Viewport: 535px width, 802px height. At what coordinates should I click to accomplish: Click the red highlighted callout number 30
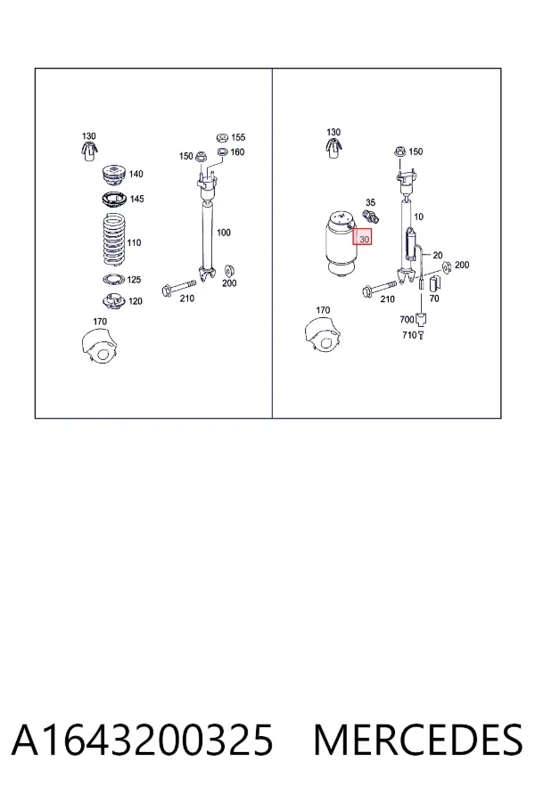pyautogui.click(x=364, y=239)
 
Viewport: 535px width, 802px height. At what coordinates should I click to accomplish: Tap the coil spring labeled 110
pyautogui.click(x=113, y=240)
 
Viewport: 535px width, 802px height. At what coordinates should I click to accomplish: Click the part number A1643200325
pyautogui.click(x=143, y=741)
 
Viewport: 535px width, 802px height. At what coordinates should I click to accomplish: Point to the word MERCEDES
pyautogui.click(x=418, y=741)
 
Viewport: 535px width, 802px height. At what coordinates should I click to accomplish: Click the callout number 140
pyautogui.click(x=136, y=174)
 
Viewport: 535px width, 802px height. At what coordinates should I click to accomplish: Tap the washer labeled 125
pyautogui.click(x=113, y=279)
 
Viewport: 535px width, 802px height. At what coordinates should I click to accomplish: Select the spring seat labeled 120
pyautogui.click(x=113, y=301)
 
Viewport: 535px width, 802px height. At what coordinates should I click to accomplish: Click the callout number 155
pyautogui.click(x=238, y=137)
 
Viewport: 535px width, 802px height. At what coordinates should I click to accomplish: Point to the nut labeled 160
pyautogui.click(x=223, y=151)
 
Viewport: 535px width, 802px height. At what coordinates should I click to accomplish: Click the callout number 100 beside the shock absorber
pyautogui.click(x=224, y=233)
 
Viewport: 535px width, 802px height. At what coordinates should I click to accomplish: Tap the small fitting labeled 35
pyautogui.click(x=371, y=216)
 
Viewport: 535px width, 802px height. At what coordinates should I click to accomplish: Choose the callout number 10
pyautogui.click(x=418, y=217)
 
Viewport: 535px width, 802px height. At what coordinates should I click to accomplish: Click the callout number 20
pyautogui.click(x=438, y=255)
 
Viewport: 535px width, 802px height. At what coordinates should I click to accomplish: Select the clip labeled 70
pyautogui.click(x=434, y=282)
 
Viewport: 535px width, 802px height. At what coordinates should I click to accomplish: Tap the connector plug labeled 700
pyautogui.click(x=422, y=320)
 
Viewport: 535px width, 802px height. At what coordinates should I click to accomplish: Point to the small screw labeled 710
pyautogui.click(x=421, y=336)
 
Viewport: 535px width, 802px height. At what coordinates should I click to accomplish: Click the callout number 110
pyautogui.click(x=134, y=242)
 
